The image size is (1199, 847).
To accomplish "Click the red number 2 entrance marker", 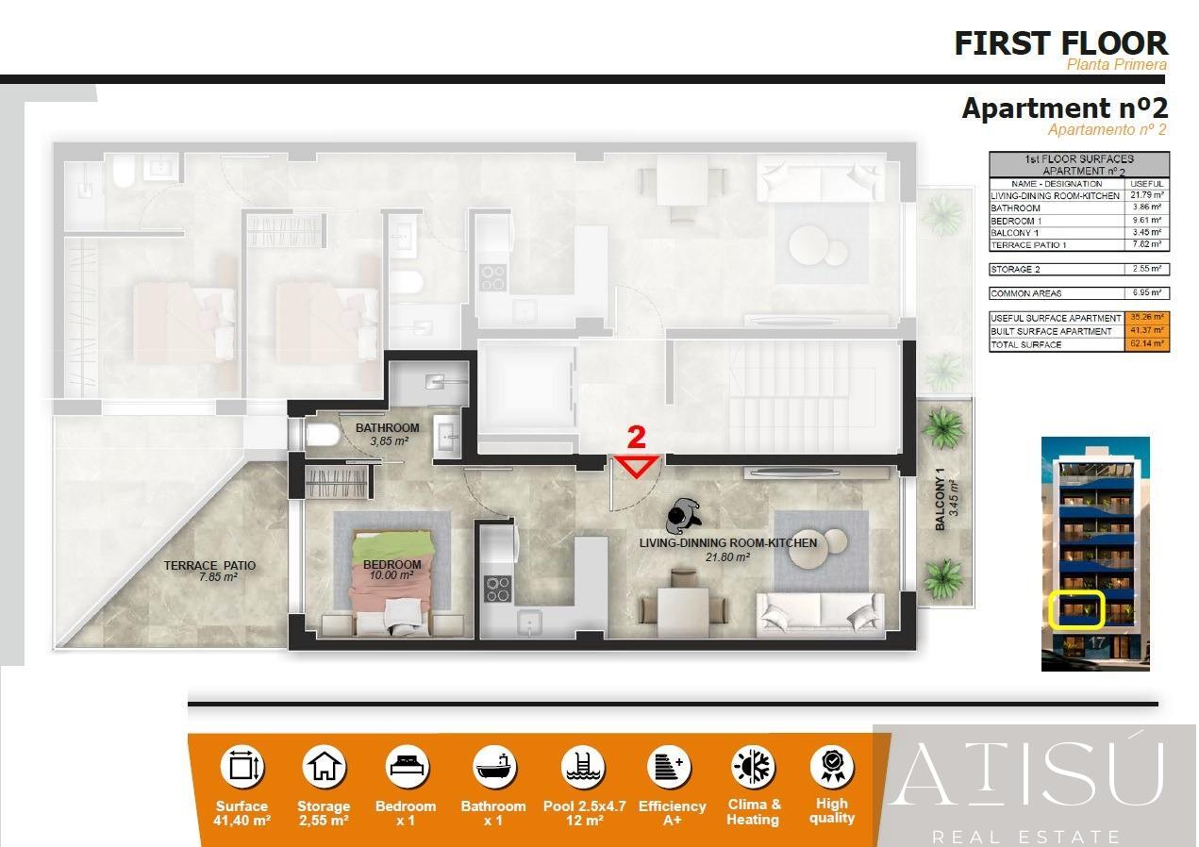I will click(x=637, y=438).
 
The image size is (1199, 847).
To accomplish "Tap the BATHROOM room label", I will click(x=387, y=428).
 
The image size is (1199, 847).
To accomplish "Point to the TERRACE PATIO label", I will click(x=208, y=566).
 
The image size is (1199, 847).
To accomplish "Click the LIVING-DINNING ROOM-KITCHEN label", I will click(x=727, y=543).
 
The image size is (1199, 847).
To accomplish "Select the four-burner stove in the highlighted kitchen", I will click(x=496, y=588).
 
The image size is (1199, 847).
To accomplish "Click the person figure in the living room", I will click(x=681, y=516).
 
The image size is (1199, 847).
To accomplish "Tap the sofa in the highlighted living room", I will click(x=820, y=614).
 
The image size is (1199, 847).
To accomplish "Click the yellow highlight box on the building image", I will click(x=1076, y=609).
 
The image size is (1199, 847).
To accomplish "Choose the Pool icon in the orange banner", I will click(x=583, y=766).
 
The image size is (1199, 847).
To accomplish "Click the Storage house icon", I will click(x=324, y=766).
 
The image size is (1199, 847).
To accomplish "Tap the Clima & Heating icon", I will click(x=753, y=766).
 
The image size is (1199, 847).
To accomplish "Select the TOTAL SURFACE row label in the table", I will click(x=1026, y=345).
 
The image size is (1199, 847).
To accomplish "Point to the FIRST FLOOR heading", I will click(x=1060, y=43).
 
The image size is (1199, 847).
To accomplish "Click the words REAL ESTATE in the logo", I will click(x=1025, y=837).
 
